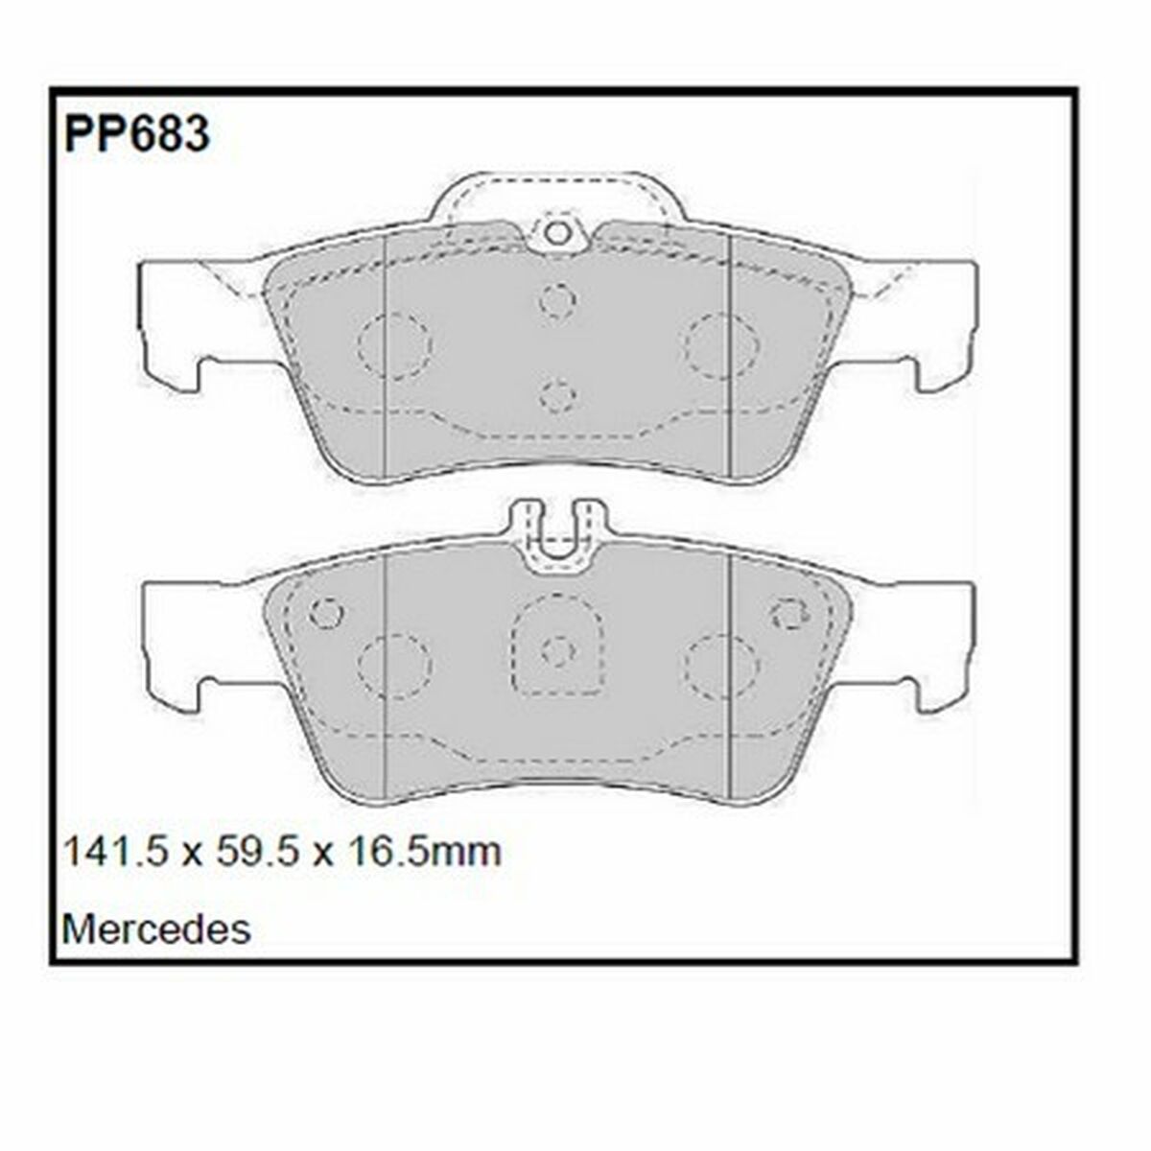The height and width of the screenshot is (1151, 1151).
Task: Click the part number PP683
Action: pos(136,133)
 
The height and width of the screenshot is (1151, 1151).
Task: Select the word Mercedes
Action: pos(156,928)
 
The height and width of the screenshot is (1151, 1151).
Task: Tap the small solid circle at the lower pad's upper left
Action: pos(327,612)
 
